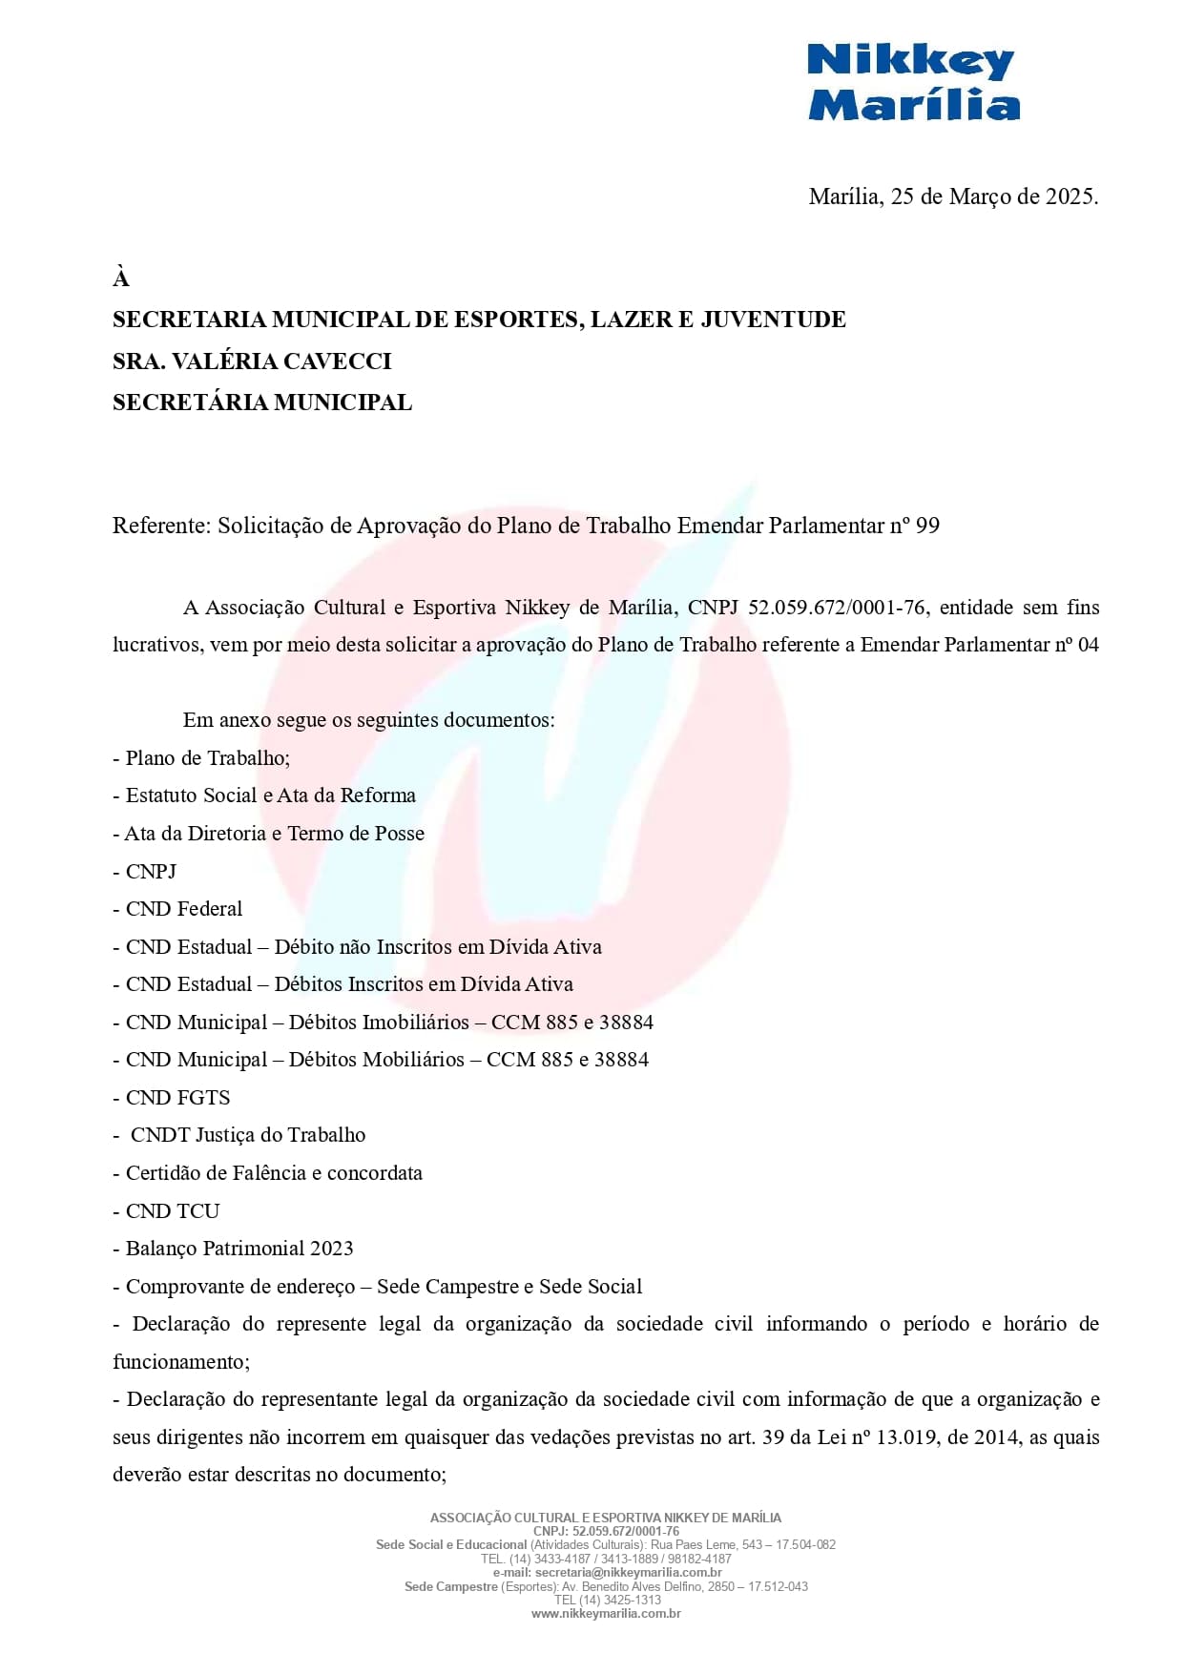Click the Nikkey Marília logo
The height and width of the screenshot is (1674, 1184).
913,83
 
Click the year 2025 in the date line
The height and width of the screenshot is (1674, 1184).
1070,196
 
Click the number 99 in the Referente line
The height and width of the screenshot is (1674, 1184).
927,526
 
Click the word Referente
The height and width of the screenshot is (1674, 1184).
159,526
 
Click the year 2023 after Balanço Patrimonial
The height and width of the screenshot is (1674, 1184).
331,1249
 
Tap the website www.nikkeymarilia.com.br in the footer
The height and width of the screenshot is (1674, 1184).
606,1614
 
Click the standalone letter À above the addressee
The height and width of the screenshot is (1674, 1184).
121,279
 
